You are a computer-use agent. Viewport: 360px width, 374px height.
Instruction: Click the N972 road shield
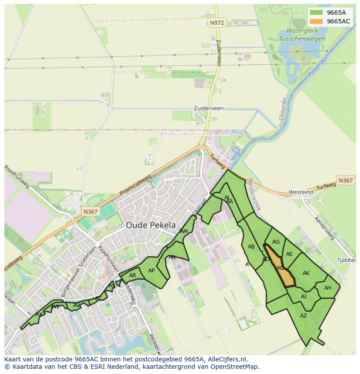[216, 23]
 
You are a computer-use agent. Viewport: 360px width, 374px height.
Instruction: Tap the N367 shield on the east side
[346, 180]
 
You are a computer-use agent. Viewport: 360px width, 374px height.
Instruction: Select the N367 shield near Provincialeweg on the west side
[90, 212]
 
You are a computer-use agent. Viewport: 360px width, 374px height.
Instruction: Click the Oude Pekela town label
[151, 225]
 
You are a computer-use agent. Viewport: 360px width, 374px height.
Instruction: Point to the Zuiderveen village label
[209, 108]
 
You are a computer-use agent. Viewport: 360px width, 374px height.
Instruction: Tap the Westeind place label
[301, 192]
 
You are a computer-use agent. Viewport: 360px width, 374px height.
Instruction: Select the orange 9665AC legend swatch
[317, 21]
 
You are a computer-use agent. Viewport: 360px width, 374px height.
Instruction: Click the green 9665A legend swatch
[317, 13]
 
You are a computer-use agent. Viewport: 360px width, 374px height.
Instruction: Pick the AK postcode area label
[306, 273]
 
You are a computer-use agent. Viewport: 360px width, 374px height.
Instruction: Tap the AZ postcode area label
[303, 316]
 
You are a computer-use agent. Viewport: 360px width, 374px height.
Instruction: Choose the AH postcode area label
[327, 288]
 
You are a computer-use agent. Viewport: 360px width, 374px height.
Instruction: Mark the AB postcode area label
[251, 247]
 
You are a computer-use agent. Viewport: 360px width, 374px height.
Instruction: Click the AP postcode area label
[151, 271]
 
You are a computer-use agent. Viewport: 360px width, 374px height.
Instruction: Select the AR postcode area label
[133, 275]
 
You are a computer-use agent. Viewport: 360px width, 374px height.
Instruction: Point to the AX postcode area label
[39, 314]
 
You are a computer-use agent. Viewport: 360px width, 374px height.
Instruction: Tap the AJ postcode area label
[303, 297]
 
